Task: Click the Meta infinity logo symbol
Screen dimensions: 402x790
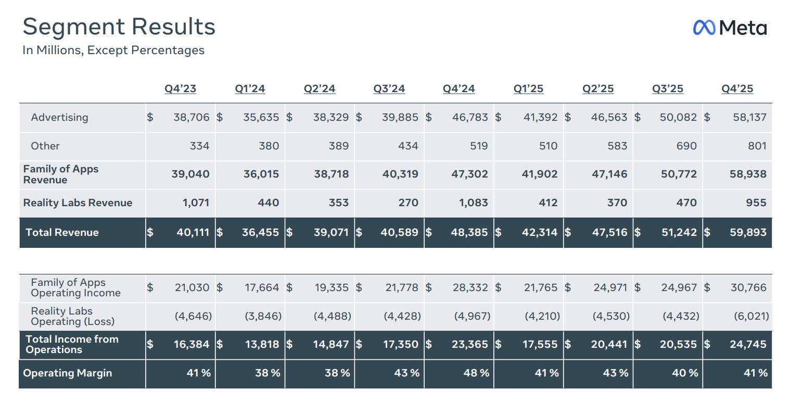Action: point(705,28)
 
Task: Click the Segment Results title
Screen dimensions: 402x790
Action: point(119,27)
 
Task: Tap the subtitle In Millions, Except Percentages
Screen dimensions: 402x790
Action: point(113,51)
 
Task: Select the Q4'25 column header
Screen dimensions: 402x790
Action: point(737,89)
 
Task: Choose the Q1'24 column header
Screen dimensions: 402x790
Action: point(250,89)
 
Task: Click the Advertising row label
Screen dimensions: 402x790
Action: point(59,118)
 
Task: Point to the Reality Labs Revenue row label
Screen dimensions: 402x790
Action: point(78,203)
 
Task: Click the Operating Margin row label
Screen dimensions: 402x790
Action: point(67,373)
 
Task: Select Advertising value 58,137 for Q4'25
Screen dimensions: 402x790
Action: point(749,118)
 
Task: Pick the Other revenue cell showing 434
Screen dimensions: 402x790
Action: point(407,146)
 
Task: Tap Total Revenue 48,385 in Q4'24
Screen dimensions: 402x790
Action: point(470,233)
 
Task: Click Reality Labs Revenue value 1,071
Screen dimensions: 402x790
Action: point(196,203)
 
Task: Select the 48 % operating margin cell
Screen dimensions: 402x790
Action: point(476,373)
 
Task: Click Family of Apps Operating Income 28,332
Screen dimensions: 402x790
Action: point(470,287)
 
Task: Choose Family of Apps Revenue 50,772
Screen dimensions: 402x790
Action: point(679,174)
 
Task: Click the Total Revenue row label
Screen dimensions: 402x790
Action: point(62,233)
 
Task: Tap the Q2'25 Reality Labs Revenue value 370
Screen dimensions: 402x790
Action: point(617,203)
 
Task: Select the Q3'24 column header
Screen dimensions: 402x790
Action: point(389,89)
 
